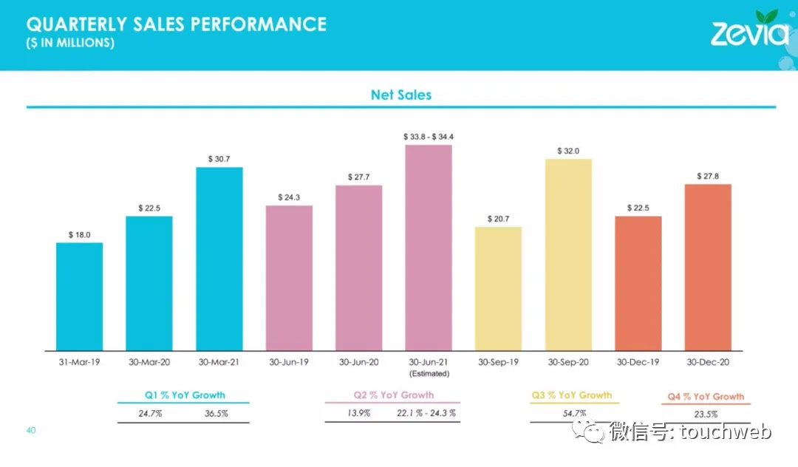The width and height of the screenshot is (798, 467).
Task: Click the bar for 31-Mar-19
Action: tap(79, 296)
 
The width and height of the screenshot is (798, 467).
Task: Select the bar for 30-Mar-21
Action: tap(219, 259)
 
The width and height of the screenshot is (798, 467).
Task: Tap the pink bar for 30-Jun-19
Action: tap(289, 278)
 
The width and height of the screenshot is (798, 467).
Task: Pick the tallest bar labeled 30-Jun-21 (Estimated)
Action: tap(429, 248)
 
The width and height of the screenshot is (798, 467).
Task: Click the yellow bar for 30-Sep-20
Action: tap(568, 254)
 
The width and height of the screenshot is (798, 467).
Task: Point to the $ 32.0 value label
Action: tap(568, 151)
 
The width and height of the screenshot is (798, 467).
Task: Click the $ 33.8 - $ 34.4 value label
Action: tap(429, 137)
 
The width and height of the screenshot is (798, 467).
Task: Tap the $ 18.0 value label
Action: tap(79, 234)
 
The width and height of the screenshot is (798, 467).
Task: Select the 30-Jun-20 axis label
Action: tap(359, 362)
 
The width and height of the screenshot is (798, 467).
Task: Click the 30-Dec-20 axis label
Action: tap(708, 362)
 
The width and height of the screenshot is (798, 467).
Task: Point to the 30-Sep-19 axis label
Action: tap(498, 362)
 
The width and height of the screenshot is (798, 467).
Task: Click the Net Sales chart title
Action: tap(400, 95)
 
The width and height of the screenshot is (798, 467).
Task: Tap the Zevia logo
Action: tap(748, 30)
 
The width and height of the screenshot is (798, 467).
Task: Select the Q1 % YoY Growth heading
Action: tap(185, 395)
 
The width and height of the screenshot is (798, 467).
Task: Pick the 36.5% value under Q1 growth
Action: tap(216, 414)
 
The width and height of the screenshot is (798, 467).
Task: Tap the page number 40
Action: tap(31, 430)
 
